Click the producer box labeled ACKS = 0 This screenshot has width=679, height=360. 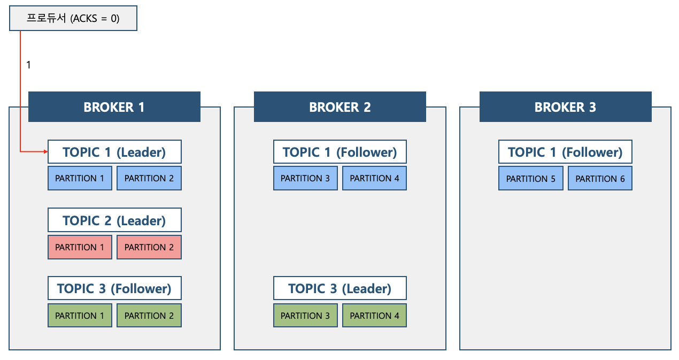(73, 18)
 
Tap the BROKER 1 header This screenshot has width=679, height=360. (114, 107)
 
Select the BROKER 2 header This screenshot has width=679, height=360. (340, 107)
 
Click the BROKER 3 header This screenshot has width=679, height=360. (565, 107)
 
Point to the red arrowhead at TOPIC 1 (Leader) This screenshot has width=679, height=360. (46, 151)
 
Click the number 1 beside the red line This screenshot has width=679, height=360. (28, 65)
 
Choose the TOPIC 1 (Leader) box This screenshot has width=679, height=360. (114, 151)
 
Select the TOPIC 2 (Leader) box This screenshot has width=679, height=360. (114, 220)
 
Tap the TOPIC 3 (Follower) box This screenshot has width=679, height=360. (114, 288)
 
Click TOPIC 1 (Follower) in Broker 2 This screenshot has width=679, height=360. (340, 151)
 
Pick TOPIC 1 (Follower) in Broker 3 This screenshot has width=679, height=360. (565, 151)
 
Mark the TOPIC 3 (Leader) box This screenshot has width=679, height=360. (340, 288)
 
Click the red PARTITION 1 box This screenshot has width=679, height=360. (80, 247)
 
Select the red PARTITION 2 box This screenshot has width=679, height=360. (149, 247)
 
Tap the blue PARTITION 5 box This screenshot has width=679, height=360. (531, 178)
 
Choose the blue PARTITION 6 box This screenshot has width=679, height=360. (600, 178)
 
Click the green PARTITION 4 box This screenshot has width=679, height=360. (375, 316)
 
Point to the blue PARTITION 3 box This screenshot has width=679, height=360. (305, 178)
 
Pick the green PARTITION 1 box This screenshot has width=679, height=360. (80, 316)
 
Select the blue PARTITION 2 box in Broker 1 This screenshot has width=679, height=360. (149, 178)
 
